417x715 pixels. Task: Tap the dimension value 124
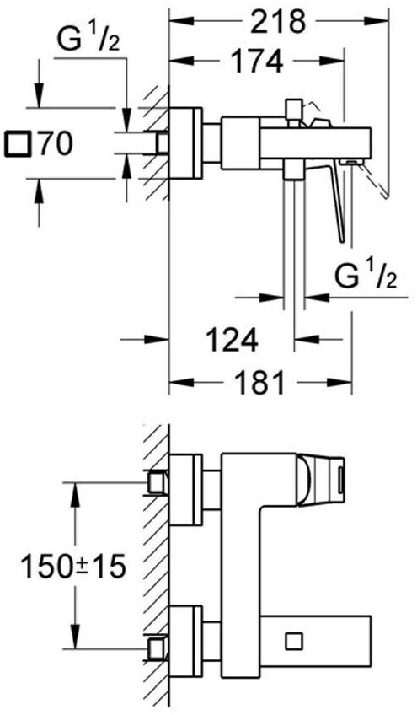[232, 339]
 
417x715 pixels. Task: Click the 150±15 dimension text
[73, 567]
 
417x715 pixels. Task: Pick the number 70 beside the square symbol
[55, 144]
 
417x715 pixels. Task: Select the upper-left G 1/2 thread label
[88, 40]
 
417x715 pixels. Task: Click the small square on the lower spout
[294, 641]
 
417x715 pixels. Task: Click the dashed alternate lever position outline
[375, 180]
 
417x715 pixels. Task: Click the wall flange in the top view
[186, 143]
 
